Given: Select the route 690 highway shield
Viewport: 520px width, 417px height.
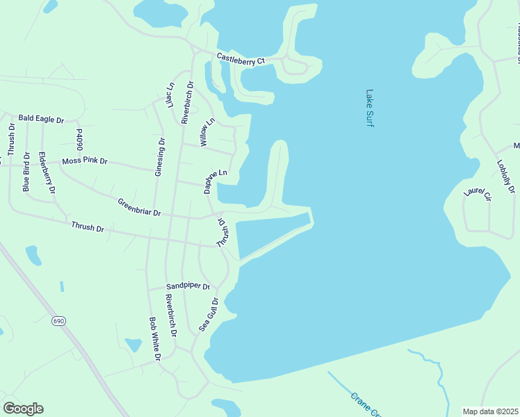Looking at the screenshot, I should (58, 321).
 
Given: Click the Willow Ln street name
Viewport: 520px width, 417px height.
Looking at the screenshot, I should (207, 131).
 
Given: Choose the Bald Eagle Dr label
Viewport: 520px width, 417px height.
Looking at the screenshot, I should (41, 120).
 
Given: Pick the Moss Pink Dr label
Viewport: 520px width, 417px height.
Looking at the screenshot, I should (85, 161).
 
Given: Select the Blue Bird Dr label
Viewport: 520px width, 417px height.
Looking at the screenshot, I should (26, 172).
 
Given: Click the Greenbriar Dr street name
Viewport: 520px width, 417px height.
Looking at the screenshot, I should (139, 208).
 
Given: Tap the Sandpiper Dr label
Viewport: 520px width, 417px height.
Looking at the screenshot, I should (188, 286).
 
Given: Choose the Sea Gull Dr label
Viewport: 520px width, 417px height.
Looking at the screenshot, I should (209, 314).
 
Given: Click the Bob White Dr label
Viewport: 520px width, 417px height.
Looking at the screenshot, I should (155, 338).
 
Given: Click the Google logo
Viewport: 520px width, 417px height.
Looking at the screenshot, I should (23, 409).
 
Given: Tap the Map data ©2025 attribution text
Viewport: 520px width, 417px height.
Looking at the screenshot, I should (489, 411).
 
